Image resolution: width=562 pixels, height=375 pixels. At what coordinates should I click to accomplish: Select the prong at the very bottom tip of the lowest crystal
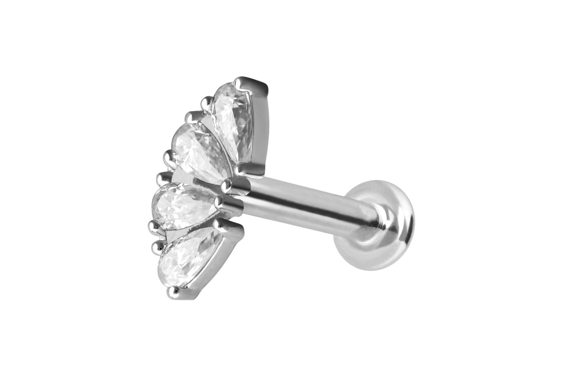(173, 291)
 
